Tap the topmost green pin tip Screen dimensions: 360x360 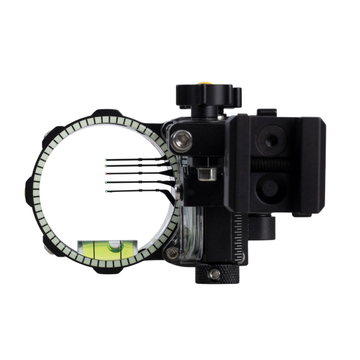point(105,160)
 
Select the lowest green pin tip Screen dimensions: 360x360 point(105,191)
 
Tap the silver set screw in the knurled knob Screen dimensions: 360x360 point(211,274)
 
